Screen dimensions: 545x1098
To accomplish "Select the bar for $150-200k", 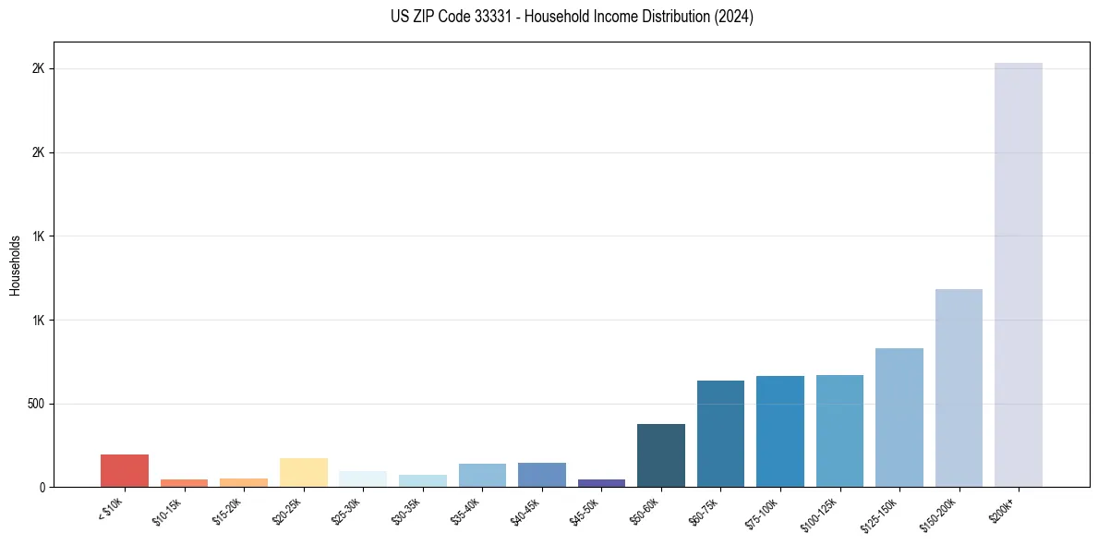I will pos(959,388).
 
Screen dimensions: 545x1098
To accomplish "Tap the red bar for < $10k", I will pos(125,471).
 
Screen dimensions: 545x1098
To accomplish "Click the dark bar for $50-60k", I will pos(660,455).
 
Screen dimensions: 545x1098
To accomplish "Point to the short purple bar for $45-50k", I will pos(601,483).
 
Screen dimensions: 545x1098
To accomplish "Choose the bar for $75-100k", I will pos(779,431).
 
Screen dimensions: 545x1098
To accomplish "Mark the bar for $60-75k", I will pos(720,434).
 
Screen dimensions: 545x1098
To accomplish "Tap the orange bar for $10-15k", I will pos(184,483).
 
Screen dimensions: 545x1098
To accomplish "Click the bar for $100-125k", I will pos(839,431).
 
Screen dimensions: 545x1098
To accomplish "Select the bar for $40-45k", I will pos(541,475).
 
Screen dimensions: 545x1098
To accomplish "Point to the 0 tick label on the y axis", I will pos(42,488).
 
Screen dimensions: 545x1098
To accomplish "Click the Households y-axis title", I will pos(16,265).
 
